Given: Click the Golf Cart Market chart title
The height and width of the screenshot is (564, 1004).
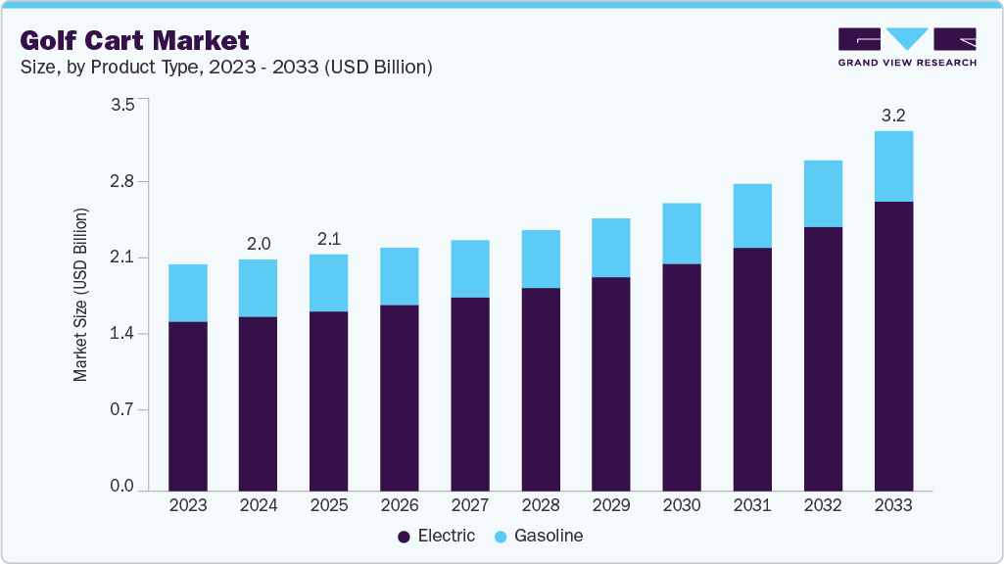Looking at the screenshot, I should point(134,40).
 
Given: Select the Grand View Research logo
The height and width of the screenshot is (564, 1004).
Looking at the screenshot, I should point(906,47).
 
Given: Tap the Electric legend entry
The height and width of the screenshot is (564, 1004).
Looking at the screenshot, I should point(437,536).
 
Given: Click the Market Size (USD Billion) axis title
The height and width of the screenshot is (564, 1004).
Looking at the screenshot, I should point(81,295).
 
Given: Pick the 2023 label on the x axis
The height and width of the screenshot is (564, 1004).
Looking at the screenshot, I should point(188,506).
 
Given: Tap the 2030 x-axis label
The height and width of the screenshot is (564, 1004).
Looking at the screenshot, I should point(682,506).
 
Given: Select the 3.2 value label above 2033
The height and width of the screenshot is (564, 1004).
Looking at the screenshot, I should point(893,116).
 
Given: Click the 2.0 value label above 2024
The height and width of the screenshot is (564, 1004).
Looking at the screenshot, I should point(259,244).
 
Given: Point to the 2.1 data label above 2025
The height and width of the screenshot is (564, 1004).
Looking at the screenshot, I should point(329,239).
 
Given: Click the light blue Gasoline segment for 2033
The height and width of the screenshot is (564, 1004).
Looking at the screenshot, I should point(893,166).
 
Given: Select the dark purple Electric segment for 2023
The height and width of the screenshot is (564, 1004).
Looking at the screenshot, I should point(188,405).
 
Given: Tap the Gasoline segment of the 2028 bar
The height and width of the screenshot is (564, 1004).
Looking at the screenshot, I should point(541,259).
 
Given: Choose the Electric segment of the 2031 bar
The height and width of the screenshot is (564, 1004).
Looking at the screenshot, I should point(752,368).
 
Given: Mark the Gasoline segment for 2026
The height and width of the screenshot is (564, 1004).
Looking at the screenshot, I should point(400,276).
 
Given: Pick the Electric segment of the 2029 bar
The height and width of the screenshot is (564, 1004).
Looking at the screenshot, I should point(611,383).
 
